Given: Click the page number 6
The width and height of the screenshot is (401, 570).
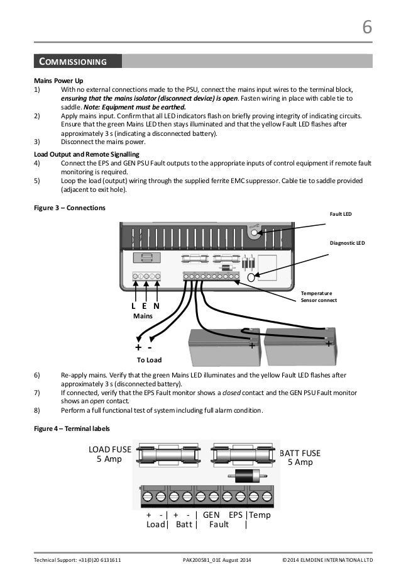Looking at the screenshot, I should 367,28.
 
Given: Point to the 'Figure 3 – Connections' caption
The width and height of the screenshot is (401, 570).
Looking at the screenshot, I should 70,208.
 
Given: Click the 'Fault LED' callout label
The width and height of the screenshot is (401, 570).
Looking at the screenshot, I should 341,214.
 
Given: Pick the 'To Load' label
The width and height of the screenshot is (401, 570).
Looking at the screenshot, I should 149,360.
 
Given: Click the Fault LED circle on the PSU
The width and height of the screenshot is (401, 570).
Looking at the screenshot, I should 254,233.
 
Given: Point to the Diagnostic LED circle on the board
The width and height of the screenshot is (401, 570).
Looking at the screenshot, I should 251,276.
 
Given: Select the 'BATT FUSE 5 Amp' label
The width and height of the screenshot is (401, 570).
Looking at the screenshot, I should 300,457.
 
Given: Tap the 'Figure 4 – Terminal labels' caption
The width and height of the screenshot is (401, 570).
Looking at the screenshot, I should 72,429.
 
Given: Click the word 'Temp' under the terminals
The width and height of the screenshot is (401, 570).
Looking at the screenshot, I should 260,514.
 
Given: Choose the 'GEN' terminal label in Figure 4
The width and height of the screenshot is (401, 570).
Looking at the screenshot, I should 211,514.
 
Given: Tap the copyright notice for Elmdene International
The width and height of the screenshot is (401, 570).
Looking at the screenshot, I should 327,559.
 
